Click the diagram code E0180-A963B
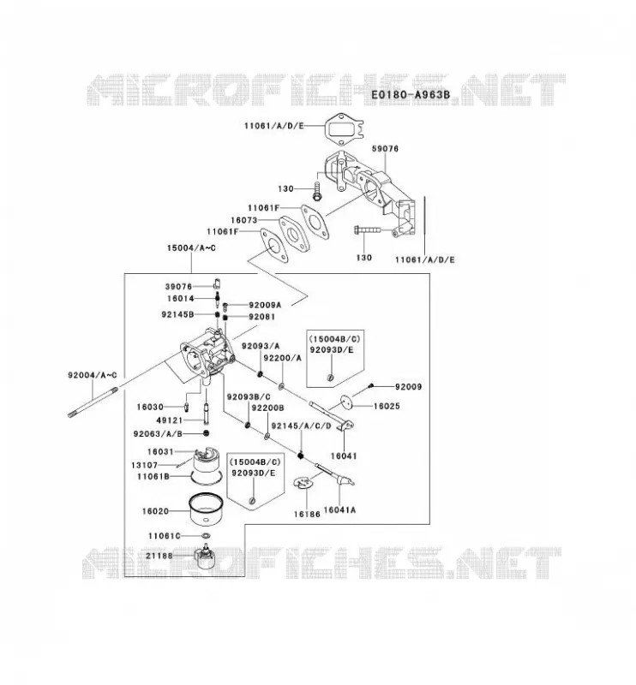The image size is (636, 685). pyautogui.click(x=411, y=95)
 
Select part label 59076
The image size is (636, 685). pyautogui.click(x=385, y=148)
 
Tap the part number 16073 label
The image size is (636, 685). pyautogui.click(x=244, y=220)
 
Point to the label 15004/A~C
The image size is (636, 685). pyautogui.click(x=191, y=247)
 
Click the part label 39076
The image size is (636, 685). pyautogui.click(x=178, y=287)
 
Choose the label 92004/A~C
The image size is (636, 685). pyautogui.click(x=93, y=375)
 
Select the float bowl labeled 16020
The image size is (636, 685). pyautogui.click(x=206, y=509)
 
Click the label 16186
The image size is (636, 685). pyautogui.click(x=307, y=515)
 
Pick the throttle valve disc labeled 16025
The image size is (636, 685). pyautogui.click(x=346, y=402)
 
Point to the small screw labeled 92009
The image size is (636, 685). pyautogui.click(x=371, y=384)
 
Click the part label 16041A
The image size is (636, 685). pyautogui.click(x=339, y=509)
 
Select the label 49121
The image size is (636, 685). pyautogui.click(x=169, y=420)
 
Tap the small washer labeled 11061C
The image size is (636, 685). pyautogui.click(x=206, y=536)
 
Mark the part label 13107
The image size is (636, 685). pyautogui.click(x=144, y=465)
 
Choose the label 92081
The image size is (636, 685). pyautogui.click(x=262, y=317)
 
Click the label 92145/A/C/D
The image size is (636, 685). pyautogui.click(x=302, y=426)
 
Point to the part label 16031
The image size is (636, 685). pyautogui.click(x=160, y=452)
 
